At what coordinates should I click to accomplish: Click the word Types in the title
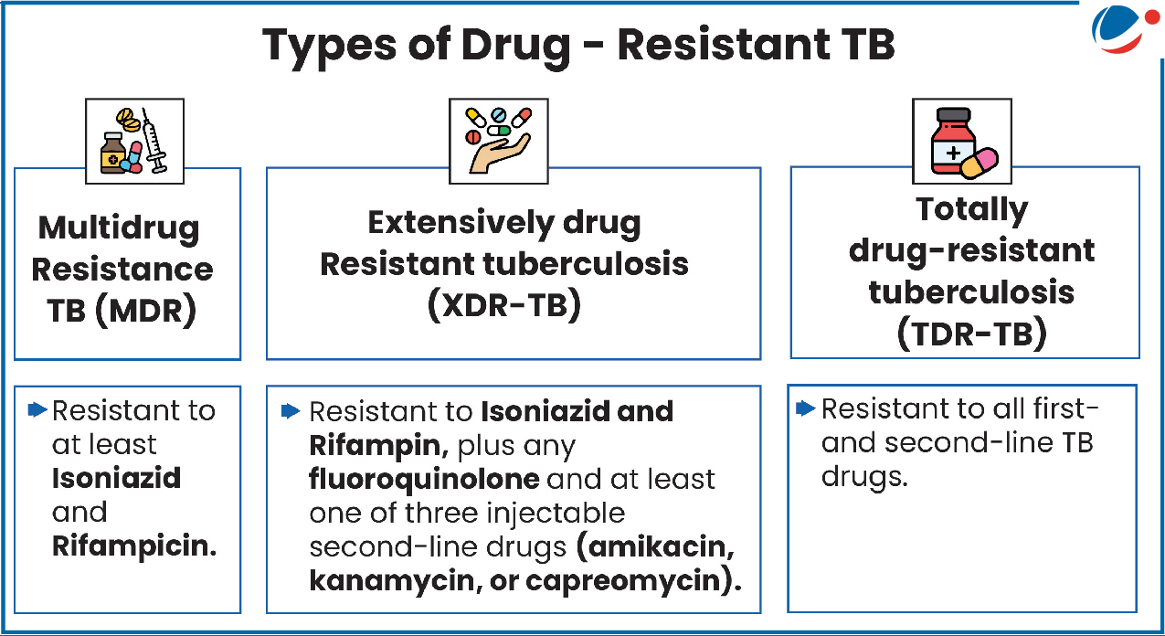329,47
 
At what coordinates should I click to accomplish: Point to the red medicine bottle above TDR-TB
953,141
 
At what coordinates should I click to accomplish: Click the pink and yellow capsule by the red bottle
980,164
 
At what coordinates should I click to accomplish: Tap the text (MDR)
145,311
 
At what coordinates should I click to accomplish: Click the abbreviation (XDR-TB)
504,304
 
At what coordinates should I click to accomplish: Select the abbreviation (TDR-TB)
971,334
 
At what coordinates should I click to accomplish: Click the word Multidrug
119,228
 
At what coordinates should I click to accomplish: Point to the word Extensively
461,223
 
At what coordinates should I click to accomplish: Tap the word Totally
971,209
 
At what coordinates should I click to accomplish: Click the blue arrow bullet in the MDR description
37,409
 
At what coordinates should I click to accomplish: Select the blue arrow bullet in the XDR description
291,411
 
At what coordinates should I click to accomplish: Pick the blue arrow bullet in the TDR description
806,408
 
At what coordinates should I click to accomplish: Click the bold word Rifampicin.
134,546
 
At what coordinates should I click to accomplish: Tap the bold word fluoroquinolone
424,479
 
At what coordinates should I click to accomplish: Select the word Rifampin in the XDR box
376,446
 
